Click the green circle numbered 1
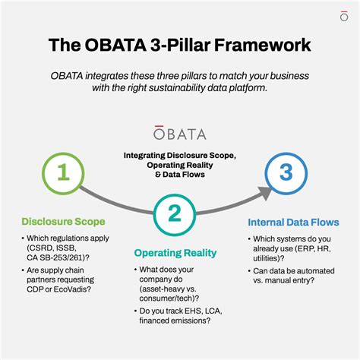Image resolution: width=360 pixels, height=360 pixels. click(63, 173)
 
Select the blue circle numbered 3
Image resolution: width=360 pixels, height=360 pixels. click(285, 173)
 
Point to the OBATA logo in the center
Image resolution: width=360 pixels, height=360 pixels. click(179, 134)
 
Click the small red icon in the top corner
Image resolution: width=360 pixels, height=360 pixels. click(344, 14)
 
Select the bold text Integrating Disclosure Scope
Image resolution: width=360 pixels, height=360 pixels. click(180, 154)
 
